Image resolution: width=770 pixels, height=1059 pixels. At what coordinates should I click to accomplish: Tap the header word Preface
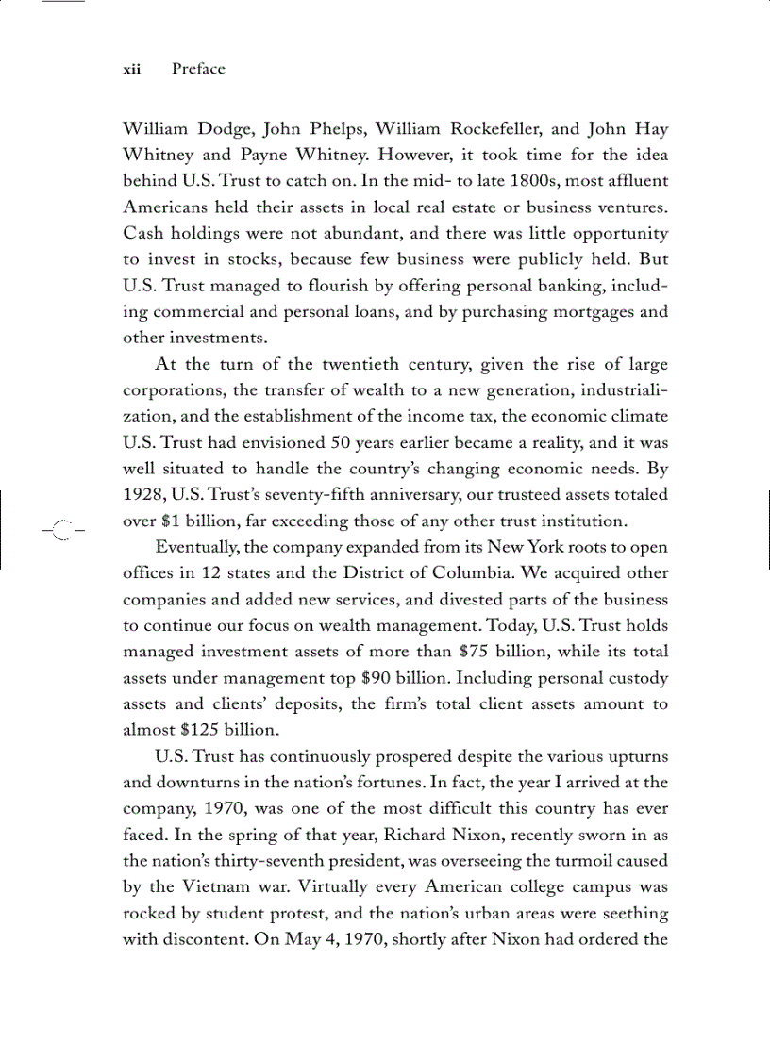pos(198,69)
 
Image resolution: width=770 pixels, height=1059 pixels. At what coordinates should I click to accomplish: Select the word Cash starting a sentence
pos(144,232)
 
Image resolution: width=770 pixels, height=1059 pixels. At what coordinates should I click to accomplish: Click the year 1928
pos(144,494)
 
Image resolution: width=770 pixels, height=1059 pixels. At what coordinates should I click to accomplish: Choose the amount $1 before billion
pos(177,521)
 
